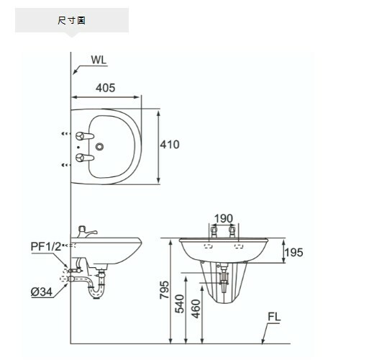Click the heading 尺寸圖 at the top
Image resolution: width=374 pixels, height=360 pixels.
pos(71,20)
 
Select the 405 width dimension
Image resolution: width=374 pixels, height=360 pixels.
pos(105,88)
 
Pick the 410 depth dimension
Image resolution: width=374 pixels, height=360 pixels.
pos(170,145)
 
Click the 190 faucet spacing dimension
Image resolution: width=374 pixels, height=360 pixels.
pos(223,218)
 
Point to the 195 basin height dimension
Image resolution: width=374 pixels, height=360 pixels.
pos(293,252)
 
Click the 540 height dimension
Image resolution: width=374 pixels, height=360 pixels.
pos(181,303)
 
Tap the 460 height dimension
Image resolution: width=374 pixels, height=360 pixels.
pos(196,308)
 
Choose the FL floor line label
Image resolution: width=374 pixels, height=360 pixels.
pos(274,317)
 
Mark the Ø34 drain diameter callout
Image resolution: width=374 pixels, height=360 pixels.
pos(41,292)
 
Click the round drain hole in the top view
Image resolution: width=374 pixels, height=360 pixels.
pos(99,147)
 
